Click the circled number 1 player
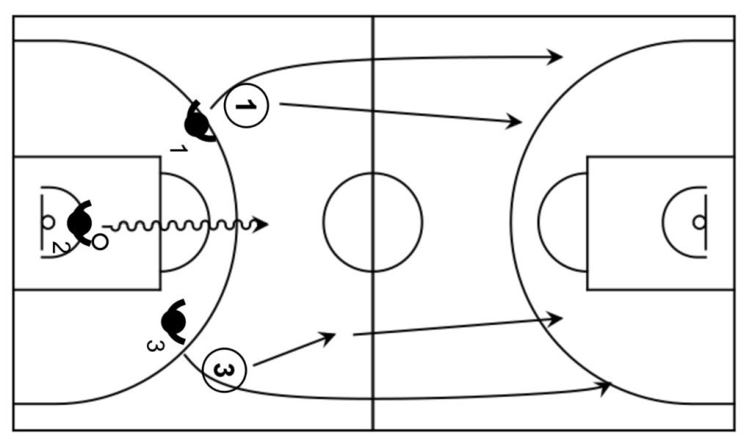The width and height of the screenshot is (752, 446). point(247,106)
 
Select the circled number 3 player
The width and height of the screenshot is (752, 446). point(224,370)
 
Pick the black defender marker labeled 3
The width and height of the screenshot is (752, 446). point(173,320)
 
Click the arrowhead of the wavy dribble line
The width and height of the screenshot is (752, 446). point(261,224)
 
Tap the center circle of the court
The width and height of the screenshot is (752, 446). point(373,222)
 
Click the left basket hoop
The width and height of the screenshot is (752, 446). point(48,221)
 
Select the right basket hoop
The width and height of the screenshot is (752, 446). point(698,222)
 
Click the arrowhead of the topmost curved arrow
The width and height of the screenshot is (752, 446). point(557,56)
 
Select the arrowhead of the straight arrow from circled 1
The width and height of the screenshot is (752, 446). point(516,122)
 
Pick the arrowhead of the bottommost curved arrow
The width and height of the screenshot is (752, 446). point(606,386)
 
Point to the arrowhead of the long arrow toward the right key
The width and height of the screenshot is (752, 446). point(557,318)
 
